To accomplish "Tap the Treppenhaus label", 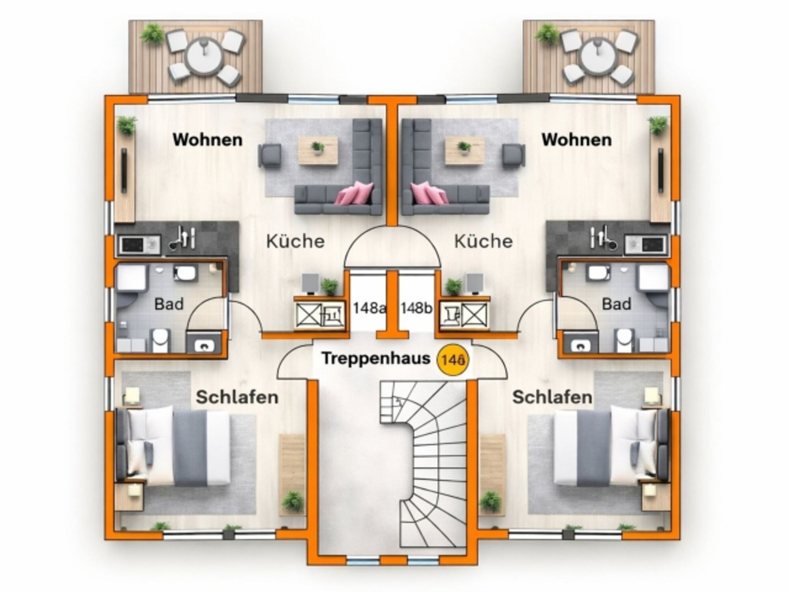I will click(376, 358).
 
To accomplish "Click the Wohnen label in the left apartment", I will click(208, 140).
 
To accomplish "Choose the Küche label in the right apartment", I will click(483, 241).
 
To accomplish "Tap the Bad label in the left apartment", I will click(169, 304).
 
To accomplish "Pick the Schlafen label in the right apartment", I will click(552, 397).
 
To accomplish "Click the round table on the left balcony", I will click(204, 56).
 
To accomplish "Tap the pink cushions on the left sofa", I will click(355, 193).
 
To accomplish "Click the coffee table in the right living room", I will click(464, 150).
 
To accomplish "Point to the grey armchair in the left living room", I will click(270, 155).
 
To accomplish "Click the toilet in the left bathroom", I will click(160, 340).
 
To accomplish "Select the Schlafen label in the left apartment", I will click(237, 397).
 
